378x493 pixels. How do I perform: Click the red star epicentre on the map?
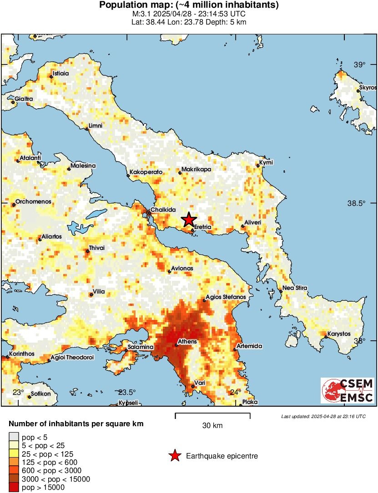point(189,219)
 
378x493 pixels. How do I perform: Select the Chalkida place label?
point(163,209)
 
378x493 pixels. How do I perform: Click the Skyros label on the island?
point(368,87)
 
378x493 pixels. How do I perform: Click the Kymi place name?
point(266,162)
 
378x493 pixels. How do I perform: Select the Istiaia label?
point(61,73)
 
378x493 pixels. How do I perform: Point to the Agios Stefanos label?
point(226,297)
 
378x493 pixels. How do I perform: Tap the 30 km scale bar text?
point(212,426)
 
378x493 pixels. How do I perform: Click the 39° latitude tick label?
point(360,65)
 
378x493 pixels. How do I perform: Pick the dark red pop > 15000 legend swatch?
point(14,488)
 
